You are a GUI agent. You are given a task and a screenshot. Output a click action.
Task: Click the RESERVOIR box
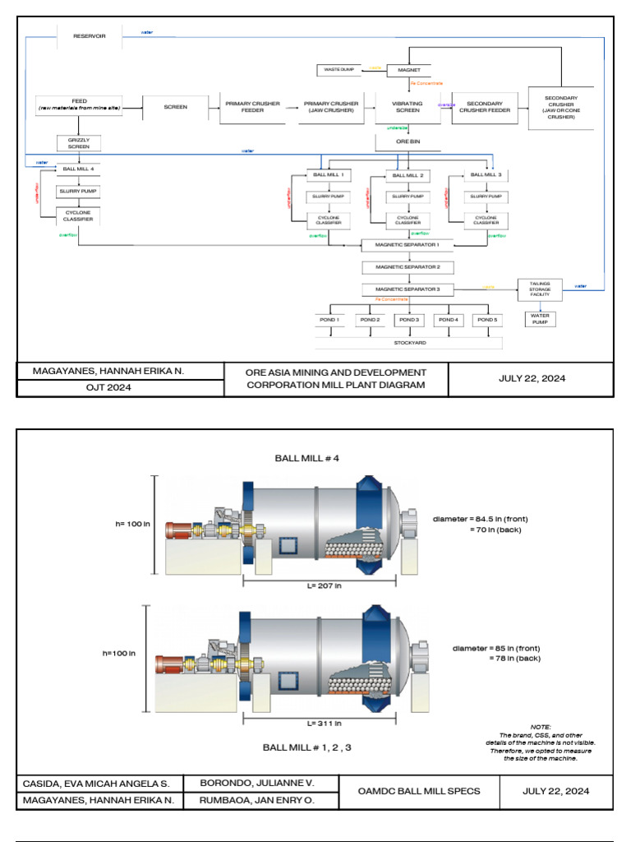point(90,36)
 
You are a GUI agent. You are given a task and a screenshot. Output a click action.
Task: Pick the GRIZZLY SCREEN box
point(79,143)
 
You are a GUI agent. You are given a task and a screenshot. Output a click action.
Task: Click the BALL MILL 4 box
point(79,169)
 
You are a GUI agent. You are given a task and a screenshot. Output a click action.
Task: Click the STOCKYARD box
point(408,342)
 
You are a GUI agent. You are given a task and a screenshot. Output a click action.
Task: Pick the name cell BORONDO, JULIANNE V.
point(257,782)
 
